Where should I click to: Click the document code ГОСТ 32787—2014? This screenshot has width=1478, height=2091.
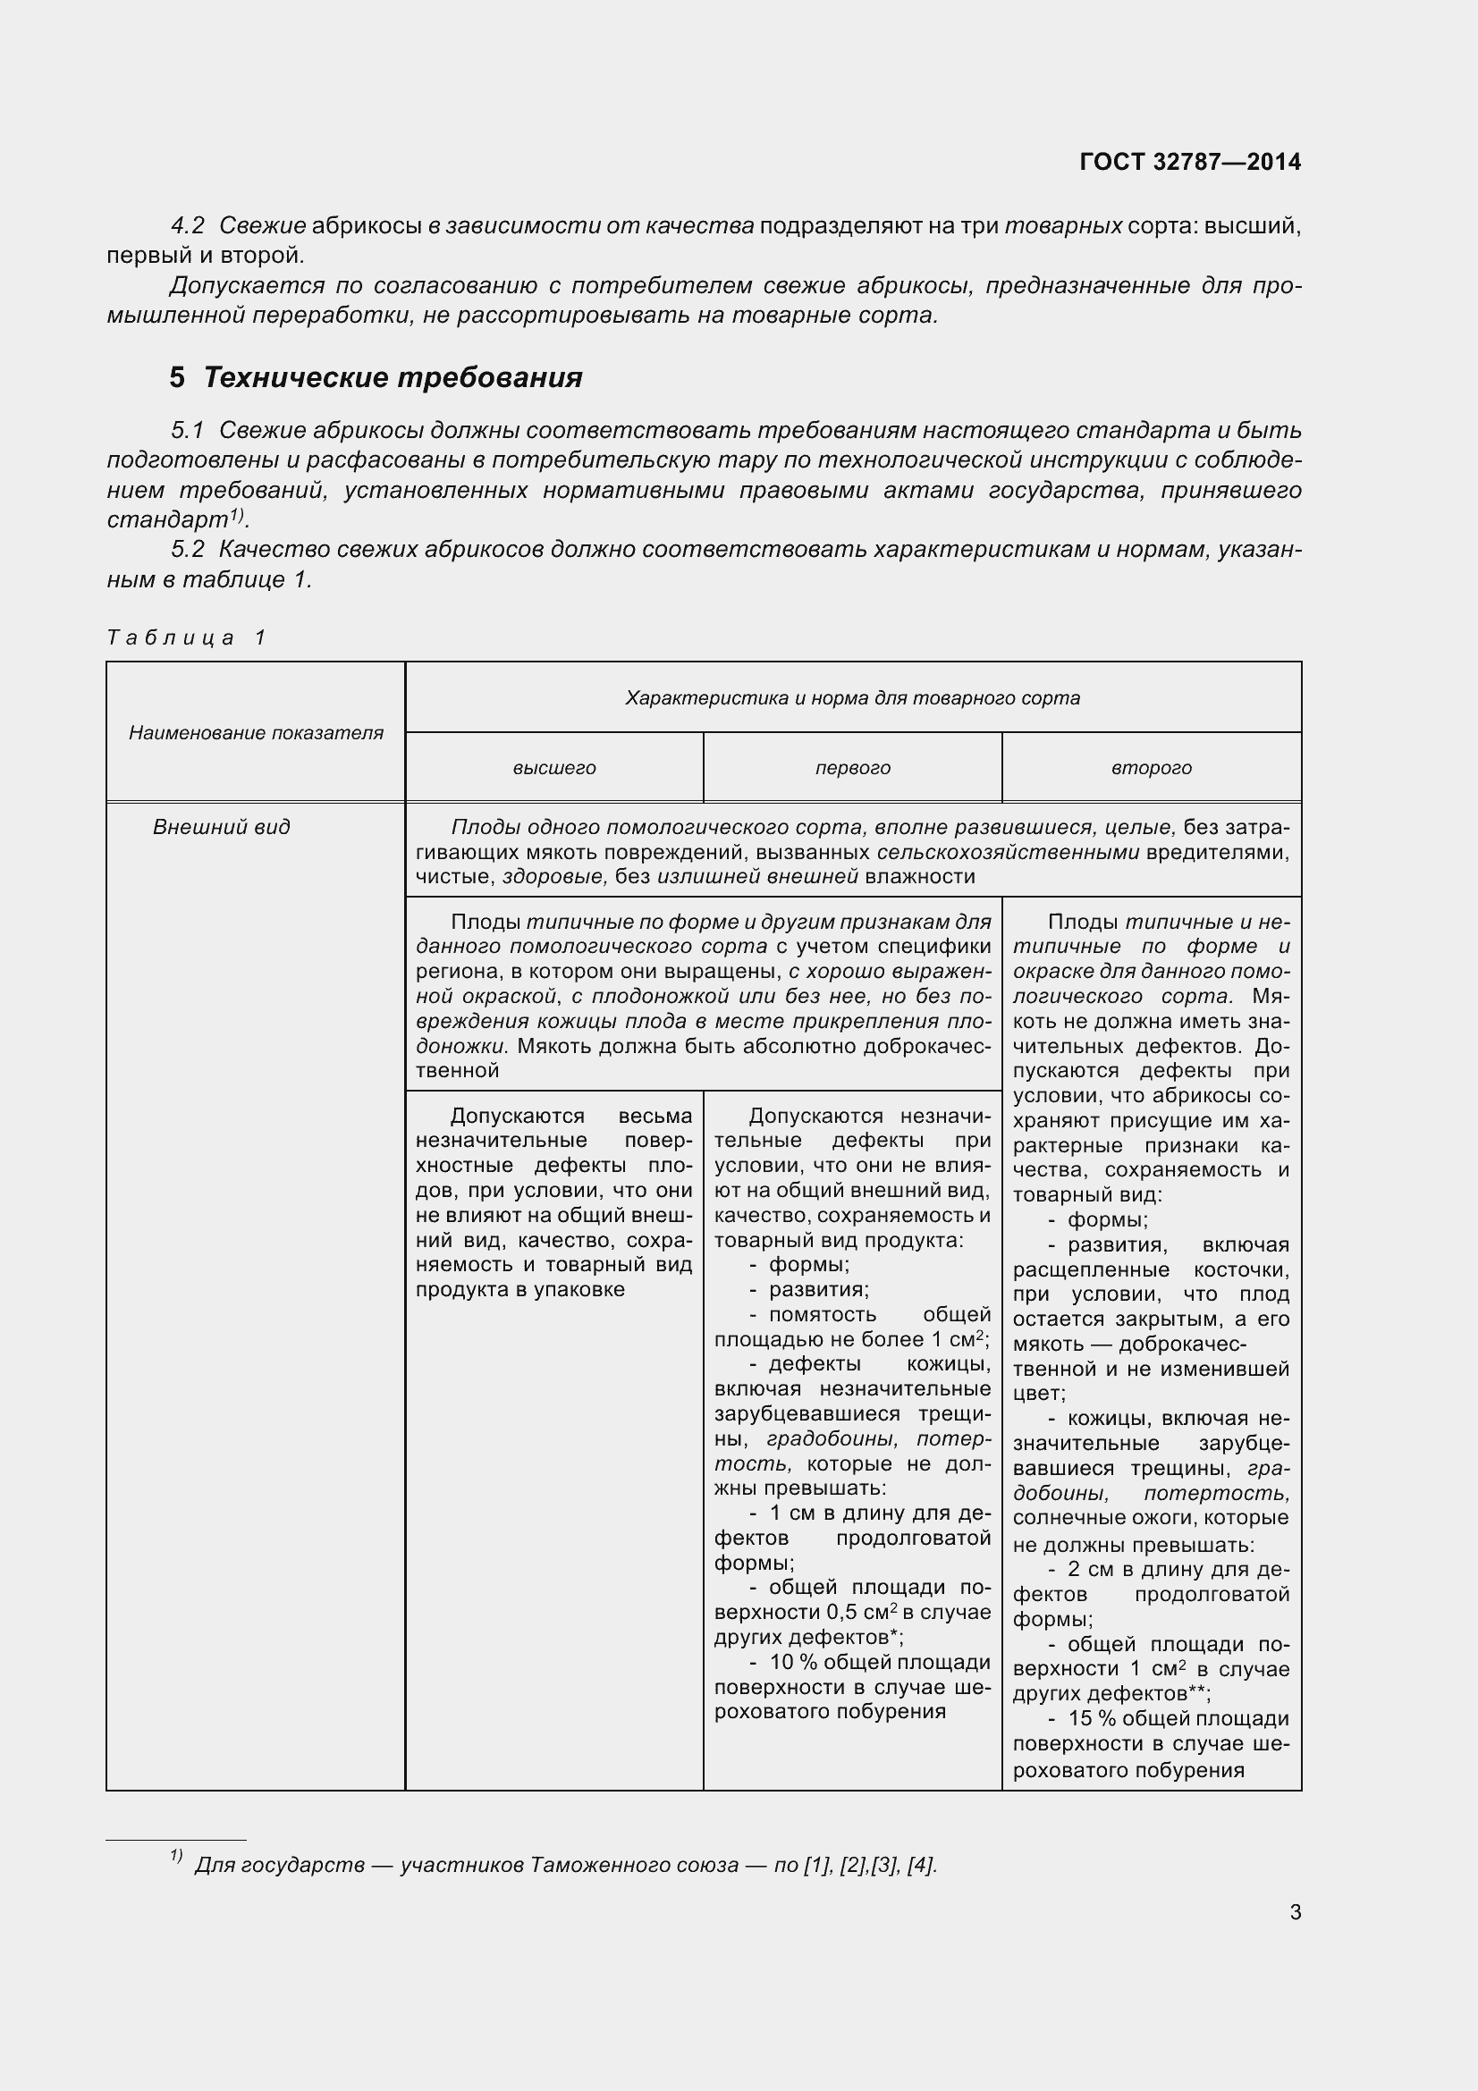pyautogui.click(x=1189, y=162)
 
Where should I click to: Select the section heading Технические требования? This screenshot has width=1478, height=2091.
pyautogui.click(x=393, y=377)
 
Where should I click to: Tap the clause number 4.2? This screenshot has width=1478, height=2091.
pyautogui.click(x=188, y=226)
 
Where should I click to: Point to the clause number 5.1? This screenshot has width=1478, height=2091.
pyautogui.click(x=188, y=430)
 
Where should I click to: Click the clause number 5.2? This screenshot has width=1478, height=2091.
pyautogui.click(x=188, y=549)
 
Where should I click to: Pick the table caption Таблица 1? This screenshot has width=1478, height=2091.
pyautogui.click(x=186, y=637)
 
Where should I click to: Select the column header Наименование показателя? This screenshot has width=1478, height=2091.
pyautogui.click(x=256, y=733)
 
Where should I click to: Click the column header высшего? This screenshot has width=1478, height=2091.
pyautogui.click(x=553, y=768)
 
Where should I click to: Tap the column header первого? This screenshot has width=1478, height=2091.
pyautogui.click(x=852, y=768)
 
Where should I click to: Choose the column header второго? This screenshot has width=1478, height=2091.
pyautogui.click(x=1151, y=768)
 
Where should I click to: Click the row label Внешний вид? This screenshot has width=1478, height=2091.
pyautogui.click(x=221, y=827)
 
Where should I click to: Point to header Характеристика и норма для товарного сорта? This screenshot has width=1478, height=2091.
pyautogui.click(x=852, y=697)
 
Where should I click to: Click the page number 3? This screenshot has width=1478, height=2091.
pyautogui.click(x=1295, y=1912)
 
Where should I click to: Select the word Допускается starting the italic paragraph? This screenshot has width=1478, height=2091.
pyautogui.click(x=247, y=286)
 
